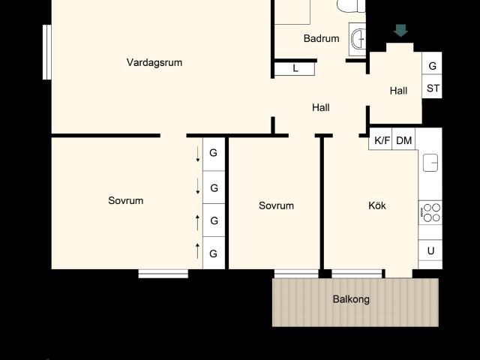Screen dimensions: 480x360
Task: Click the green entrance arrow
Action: pyautogui.click(x=400, y=31)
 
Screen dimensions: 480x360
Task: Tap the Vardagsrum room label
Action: pyautogui.click(x=154, y=62)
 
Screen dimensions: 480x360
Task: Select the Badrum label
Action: pyautogui.click(x=321, y=38)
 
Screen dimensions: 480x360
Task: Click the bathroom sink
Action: pyautogui.click(x=358, y=39)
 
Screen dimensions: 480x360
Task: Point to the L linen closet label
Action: pyautogui.click(x=295, y=68)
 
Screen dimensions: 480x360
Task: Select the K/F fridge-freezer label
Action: pyautogui.click(x=382, y=140)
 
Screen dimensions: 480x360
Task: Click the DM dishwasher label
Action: pyautogui.click(x=403, y=140)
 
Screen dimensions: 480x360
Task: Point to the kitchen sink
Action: pyautogui.click(x=430, y=163)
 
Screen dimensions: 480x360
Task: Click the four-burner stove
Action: pyautogui.click(x=430, y=213)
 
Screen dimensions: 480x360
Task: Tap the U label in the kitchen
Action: pyautogui.click(x=430, y=251)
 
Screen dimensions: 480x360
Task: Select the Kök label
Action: pyautogui.click(x=376, y=205)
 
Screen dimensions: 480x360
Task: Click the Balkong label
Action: pyautogui.click(x=351, y=299)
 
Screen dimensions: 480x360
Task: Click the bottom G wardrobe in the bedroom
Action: pyautogui.click(x=214, y=253)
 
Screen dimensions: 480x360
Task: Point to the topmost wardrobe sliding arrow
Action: pyautogui.click(x=198, y=154)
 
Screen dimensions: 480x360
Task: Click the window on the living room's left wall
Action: pyautogui.click(x=46, y=52)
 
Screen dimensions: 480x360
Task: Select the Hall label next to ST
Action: pyautogui.click(x=398, y=91)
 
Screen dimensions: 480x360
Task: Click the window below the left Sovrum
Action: pyautogui.click(x=163, y=274)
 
